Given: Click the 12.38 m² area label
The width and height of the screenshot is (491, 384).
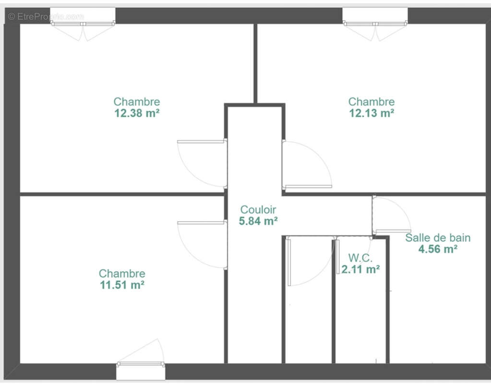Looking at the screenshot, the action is click(137, 113).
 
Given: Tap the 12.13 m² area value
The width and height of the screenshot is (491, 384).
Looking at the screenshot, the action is click(371, 113).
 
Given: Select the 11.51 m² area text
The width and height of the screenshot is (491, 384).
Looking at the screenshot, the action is click(122, 285).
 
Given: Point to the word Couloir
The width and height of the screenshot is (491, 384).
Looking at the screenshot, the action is click(258, 210).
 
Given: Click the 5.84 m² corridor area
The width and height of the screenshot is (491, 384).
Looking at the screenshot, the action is click(258, 221).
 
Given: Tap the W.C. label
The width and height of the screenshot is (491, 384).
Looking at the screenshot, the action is click(360, 258).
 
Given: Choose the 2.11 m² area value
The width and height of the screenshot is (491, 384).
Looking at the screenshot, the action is click(360, 269).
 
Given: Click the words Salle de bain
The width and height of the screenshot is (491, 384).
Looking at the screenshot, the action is click(438, 238).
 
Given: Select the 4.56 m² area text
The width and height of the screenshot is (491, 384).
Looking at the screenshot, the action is click(438, 249).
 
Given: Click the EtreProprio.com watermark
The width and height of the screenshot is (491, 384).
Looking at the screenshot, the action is click(46, 17).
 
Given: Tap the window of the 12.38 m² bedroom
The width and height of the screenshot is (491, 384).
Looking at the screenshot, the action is click(83, 24).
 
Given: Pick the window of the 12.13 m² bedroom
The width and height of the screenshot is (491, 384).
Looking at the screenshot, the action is click(375, 24).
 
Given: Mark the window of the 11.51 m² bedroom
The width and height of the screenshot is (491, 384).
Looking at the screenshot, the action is click(141, 364).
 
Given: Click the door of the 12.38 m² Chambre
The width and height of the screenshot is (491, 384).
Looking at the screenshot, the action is click(202, 142).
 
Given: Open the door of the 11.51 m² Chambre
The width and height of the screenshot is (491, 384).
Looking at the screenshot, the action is click(202, 223).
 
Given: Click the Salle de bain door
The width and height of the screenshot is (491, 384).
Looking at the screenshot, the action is click(393, 231).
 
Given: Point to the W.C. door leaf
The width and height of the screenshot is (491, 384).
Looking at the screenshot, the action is click(338, 256).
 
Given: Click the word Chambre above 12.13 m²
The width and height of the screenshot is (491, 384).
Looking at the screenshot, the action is click(371, 101).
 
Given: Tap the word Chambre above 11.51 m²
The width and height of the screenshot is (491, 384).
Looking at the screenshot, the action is click(122, 274).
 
